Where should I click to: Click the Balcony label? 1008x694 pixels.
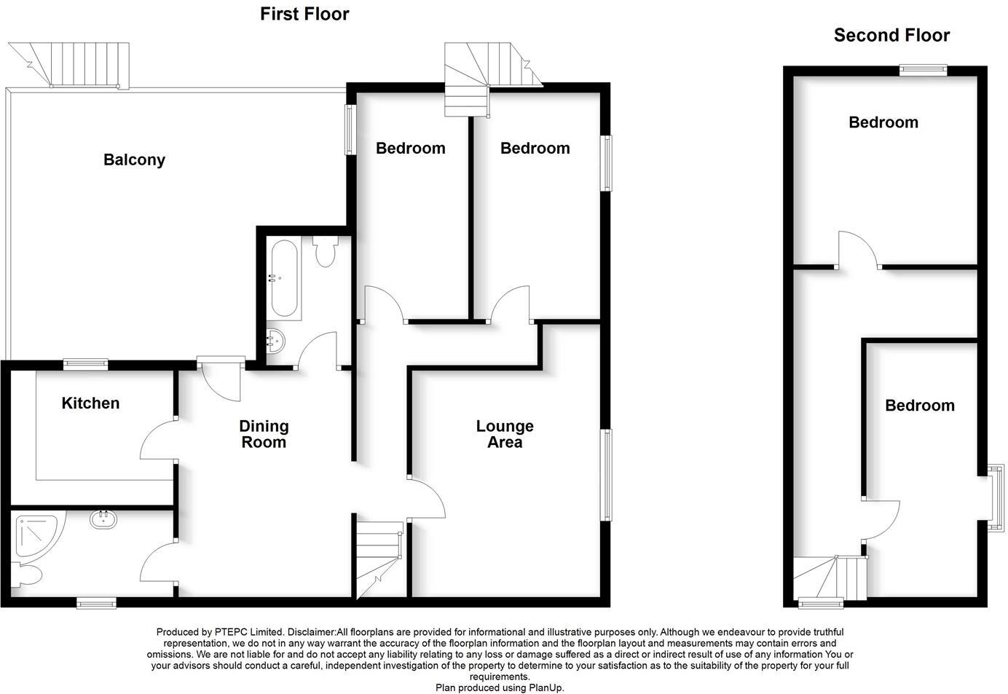pyautogui.click(x=134, y=159)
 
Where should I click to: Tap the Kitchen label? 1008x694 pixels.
pyautogui.click(x=90, y=403)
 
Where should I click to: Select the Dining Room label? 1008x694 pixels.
pyautogui.click(x=264, y=434)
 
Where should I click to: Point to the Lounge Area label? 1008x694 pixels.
pyautogui.click(x=505, y=434)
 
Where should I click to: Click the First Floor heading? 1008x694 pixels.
pyautogui.click(x=304, y=14)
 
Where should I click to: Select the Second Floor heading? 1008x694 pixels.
pyautogui.click(x=891, y=35)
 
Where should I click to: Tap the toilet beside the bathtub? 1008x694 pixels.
pyautogui.click(x=325, y=252)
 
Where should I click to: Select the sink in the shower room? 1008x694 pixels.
pyautogui.click(x=103, y=519)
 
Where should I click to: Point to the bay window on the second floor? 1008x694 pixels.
pyautogui.click(x=994, y=499)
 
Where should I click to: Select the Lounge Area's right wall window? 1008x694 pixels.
pyautogui.click(x=606, y=475)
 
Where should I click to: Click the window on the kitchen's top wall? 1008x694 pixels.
pyautogui.click(x=85, y=363)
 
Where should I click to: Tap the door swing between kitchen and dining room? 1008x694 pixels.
pyautogui.click(x=157, y=440)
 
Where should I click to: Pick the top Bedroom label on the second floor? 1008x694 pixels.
pyautogui.click(x=883, y=122)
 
